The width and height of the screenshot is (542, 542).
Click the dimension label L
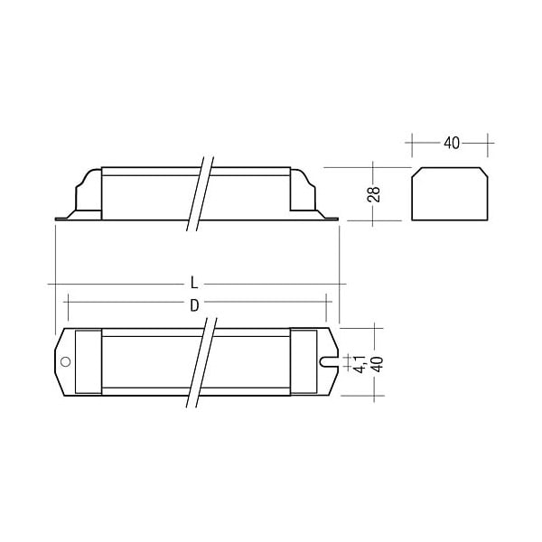click(194, 283)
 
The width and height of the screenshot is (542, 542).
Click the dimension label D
click(194, 305)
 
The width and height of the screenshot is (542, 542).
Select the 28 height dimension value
click(374, 194)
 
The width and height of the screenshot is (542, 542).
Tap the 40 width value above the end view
click(452, 143)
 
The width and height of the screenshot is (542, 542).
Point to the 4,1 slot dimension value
click(360, 364)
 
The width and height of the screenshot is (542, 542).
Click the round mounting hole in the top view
click(65, 362)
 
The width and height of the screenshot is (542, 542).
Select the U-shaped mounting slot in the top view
click(329, 362)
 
